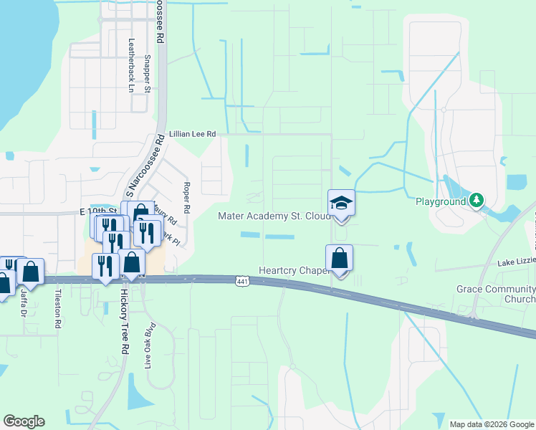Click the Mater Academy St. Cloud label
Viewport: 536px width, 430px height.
[273, 216]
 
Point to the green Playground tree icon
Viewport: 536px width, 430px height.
[477, 201]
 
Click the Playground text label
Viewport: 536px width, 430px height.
[441, 201]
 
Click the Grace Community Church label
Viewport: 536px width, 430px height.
[496, 294]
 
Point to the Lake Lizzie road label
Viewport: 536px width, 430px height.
[517, 264]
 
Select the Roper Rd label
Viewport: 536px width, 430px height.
[186, 198]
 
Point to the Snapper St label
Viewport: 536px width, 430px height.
[147, 74]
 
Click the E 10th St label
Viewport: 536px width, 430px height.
[98, 212]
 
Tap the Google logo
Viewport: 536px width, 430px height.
[24, 421]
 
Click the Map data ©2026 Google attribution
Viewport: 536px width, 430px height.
[492, 424]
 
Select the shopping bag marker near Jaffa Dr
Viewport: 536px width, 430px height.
[30, 272]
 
